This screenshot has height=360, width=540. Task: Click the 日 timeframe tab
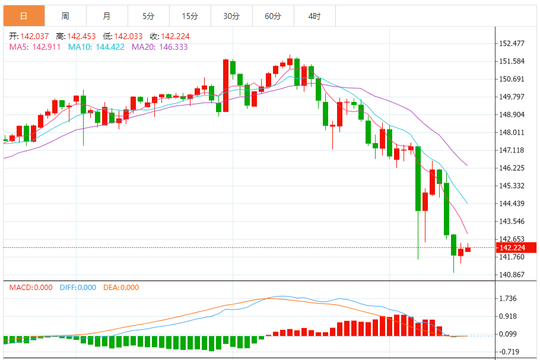click(23, 16)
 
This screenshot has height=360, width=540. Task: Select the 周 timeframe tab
click(65, 16)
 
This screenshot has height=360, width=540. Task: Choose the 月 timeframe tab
click(106, 16)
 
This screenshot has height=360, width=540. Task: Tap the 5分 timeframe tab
click(148, 16)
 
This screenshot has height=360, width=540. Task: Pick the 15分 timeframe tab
click(190, 16)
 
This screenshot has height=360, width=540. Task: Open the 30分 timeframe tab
click(231, 16)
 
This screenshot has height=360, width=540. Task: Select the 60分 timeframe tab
click(273, 16)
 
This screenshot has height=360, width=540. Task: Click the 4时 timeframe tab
click(315, 16)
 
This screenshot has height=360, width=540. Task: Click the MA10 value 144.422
click(110, 46)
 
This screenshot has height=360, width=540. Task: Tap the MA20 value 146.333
click(174, 46)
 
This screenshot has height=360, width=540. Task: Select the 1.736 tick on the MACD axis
click(509, 298)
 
